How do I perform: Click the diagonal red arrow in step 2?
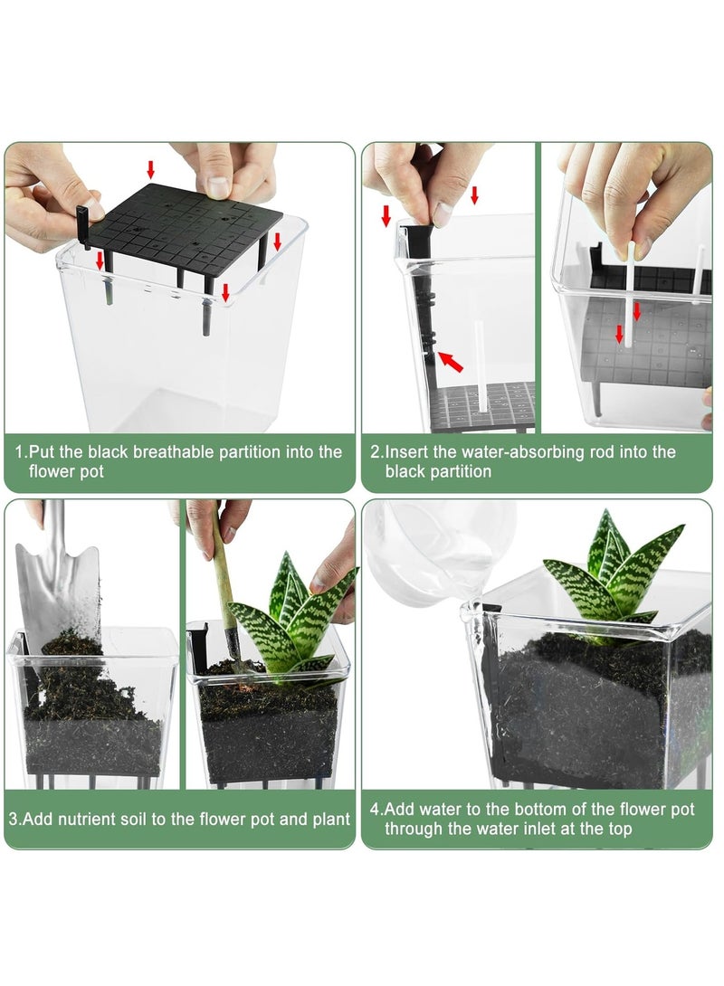[x=450, y=362]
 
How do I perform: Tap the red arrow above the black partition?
[x=151, y=169]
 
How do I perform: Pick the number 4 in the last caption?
[x=374, y=809]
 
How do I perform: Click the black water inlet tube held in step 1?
[x=82, y=222]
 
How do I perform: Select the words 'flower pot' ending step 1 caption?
[x=66, y=471]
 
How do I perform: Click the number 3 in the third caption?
[x=14, y=820]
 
